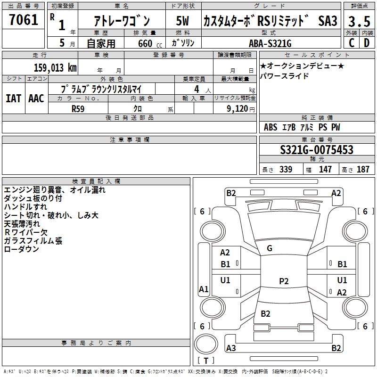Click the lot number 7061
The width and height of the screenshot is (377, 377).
pos(24,20)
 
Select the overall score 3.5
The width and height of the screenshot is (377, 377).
pos(359,21)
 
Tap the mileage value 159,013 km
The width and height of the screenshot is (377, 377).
pos(55,68)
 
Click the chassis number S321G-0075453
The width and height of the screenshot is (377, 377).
pos(317,150)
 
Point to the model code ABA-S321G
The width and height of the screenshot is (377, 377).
pos(270,43)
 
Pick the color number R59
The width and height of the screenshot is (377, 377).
pos(78,109)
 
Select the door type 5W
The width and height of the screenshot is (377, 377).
pos(182,21)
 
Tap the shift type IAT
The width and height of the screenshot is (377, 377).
pos(14,98)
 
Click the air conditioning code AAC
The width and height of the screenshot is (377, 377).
pos(36,98)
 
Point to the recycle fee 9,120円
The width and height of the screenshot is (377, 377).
pos(241,109)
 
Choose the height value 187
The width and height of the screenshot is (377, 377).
pos(363,169)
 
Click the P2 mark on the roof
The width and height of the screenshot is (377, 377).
pos(284,281)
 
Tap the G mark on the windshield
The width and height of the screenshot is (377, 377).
pos(270,248)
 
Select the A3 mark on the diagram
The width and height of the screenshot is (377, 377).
pos(231,348)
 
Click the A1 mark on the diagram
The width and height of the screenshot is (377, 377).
pos(204,289)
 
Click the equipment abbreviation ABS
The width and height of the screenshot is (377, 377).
pos(270,127)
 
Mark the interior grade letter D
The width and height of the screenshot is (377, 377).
pos(367,43)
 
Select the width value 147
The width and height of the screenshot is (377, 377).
pos(325,169)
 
